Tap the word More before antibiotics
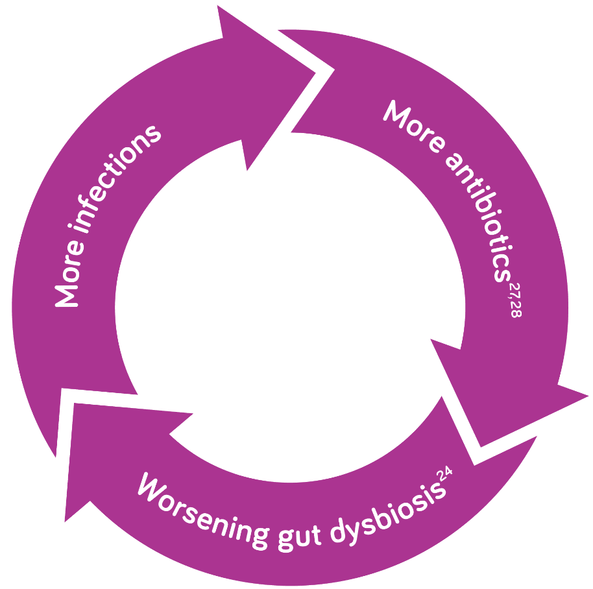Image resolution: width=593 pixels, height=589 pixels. pyautogui.click(x=412, y=127)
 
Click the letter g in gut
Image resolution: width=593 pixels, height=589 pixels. pyautogui.click(x=278, y=536)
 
